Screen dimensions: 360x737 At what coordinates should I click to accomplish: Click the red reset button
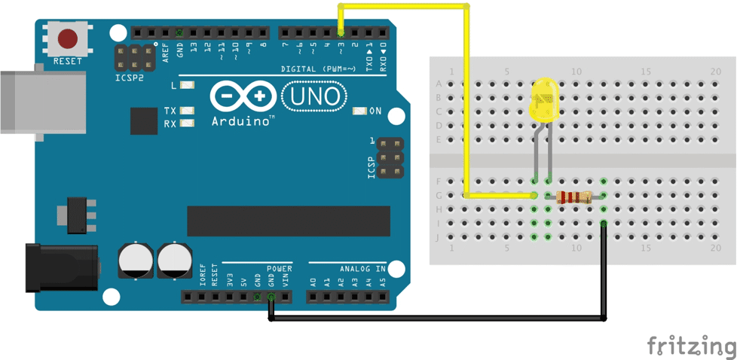click(69, 38)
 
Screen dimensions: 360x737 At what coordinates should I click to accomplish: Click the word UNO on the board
click(315, 96)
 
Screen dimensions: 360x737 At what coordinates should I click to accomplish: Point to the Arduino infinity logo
click(243, 97)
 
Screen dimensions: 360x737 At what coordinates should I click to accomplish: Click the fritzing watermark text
click(690, 346)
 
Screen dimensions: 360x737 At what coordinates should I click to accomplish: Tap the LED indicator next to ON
click(359, 111)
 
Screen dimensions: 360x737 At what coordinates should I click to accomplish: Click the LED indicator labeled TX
click(188, 111)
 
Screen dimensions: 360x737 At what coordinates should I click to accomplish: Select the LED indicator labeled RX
click(188, 123)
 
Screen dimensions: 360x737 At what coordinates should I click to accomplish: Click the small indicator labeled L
click(188, 86)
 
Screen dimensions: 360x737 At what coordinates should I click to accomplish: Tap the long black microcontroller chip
click(289, 220)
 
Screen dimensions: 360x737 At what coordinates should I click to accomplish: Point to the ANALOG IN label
click(362, 268)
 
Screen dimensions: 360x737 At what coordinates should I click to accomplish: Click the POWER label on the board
click(279, 268)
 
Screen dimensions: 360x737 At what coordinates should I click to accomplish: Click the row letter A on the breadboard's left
click(439, 84)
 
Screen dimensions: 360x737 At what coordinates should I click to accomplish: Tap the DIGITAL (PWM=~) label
click(323, 69)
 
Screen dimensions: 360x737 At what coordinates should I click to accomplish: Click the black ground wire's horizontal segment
click(437, 319)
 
